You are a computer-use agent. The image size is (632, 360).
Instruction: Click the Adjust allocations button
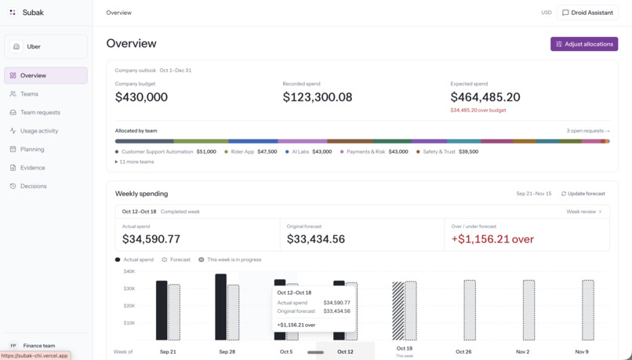click(x=584, y=44)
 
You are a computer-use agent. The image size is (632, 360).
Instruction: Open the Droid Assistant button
click(x=587, y=13)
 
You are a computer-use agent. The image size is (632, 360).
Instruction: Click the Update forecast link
click(x=583, y=194)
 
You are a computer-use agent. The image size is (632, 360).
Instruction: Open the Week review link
click(x=584, y=212)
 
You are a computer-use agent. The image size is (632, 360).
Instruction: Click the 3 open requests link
click(x=588, y=131)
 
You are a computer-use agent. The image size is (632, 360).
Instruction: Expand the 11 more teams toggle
click(x=134, y=162)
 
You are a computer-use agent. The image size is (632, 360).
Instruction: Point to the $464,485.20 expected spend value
click(x=485, y=97)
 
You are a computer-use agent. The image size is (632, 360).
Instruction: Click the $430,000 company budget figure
click(x=141, y=97)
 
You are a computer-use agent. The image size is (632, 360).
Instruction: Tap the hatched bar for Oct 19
click(x=398, y=311)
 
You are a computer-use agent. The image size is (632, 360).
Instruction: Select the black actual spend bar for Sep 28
click(x=221, y=307)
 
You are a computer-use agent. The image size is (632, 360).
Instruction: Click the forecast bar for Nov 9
click(x=588, y=311)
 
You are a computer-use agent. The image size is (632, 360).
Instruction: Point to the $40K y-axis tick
click(x=129, y=271)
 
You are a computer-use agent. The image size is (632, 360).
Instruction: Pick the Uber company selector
click(x=46, y=46)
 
